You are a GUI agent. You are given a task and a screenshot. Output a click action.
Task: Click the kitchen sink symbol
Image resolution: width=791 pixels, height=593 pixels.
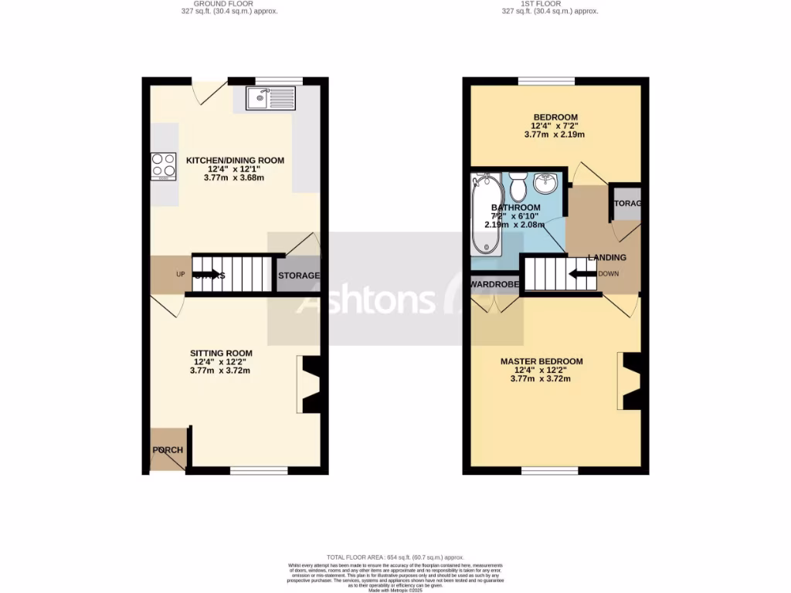[x=270, y=97]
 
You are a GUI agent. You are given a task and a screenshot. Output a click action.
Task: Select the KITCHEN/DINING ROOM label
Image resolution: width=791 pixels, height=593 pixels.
[x=235, y=161]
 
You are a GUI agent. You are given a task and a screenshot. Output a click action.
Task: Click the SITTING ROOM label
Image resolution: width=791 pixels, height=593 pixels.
[x=221, y=354]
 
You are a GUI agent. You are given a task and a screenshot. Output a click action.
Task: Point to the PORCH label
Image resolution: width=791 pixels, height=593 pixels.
[x=168, y=450]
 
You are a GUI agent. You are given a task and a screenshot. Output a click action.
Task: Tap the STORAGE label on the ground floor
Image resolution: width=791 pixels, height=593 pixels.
[x=298, y=276]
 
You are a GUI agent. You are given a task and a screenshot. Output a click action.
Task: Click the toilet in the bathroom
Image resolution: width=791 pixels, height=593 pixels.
[x=518, y=186]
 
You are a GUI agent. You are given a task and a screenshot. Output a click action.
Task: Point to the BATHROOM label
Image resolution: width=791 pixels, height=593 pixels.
[x=516, y=208]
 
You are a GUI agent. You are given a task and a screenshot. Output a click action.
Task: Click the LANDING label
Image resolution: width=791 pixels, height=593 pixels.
[x=606, y=257]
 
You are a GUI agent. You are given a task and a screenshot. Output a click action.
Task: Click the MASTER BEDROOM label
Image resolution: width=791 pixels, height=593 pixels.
[x=541, y=361]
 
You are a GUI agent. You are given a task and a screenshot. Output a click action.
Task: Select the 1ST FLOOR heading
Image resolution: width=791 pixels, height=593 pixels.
[x=549, y=3]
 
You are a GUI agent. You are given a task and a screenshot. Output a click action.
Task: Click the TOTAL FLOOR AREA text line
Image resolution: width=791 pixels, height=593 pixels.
[x=395, y=557]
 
